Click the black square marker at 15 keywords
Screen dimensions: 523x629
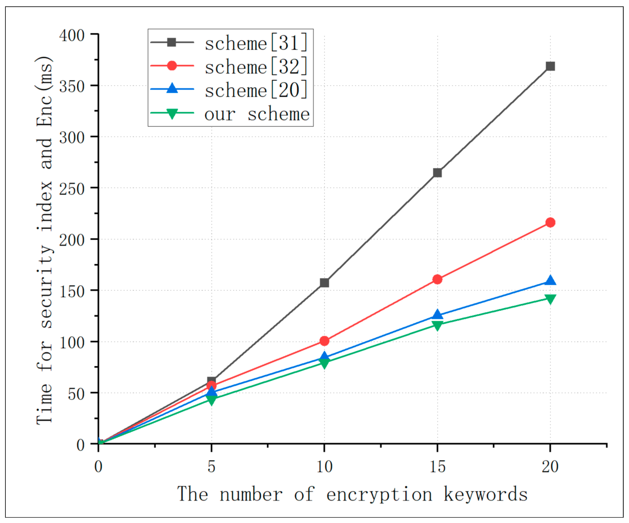437,173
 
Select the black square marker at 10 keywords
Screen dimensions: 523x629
324,283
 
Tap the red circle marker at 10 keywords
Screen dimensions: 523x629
324,341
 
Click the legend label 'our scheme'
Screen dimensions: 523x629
257,114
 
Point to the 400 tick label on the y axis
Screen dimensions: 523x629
72,36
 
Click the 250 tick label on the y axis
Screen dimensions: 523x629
72,189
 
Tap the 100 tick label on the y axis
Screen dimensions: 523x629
72,343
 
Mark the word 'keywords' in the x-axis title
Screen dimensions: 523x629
485,494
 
